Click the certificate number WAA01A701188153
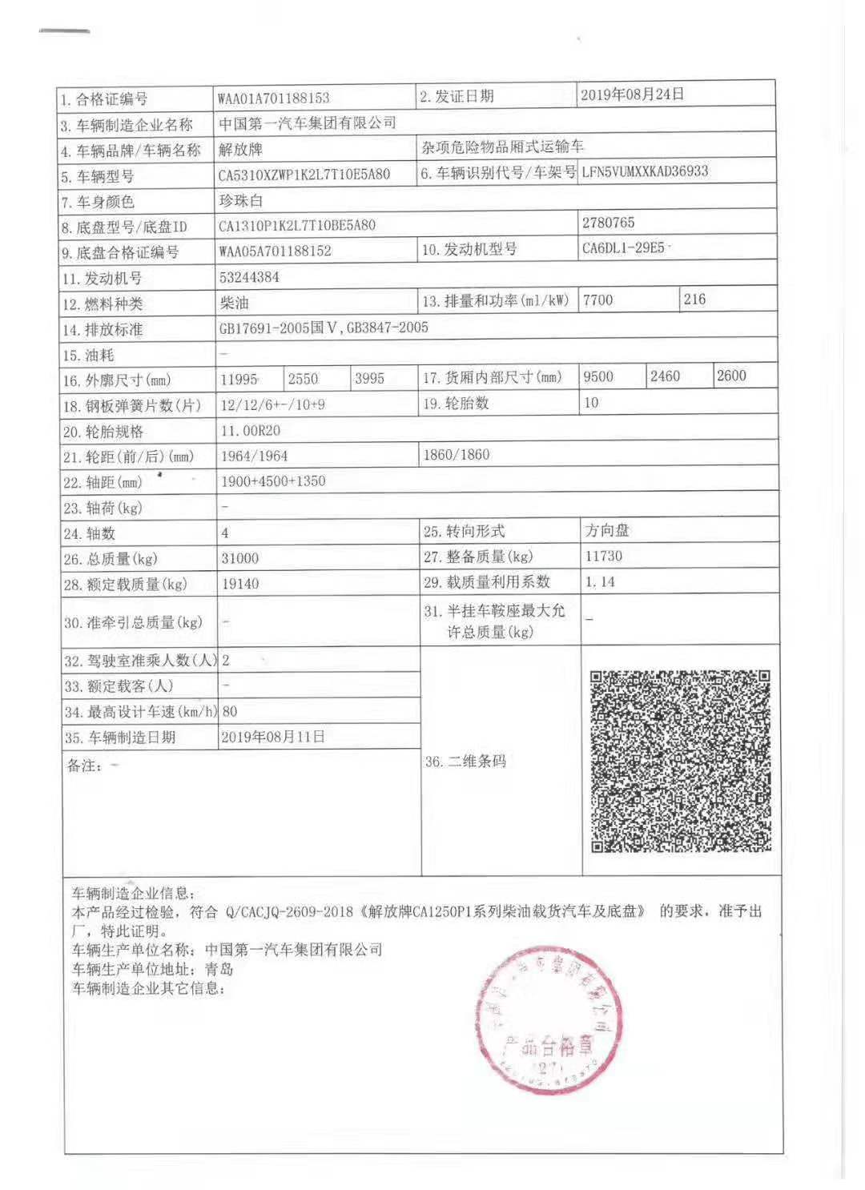click(273, 99)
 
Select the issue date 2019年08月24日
click(632, 94)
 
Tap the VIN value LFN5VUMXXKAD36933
click(645, 171)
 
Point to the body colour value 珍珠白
click(241, 201)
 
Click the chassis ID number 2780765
click(609, 223)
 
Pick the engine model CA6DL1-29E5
click(623, 248)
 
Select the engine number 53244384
click(249, 278)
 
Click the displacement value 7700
click(598, 300)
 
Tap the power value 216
click(694, 300)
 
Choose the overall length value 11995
click(239, 379)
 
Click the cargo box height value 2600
click(731, 376)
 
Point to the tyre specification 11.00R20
click(250, 431)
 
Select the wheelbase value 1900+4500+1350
click(273, 481)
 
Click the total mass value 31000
click(240, 558)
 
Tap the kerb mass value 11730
click(604, 556)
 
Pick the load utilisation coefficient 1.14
click(600, 582)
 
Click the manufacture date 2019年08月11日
click(273, 737)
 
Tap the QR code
click(680, 761)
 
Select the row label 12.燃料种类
click(103, 304)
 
